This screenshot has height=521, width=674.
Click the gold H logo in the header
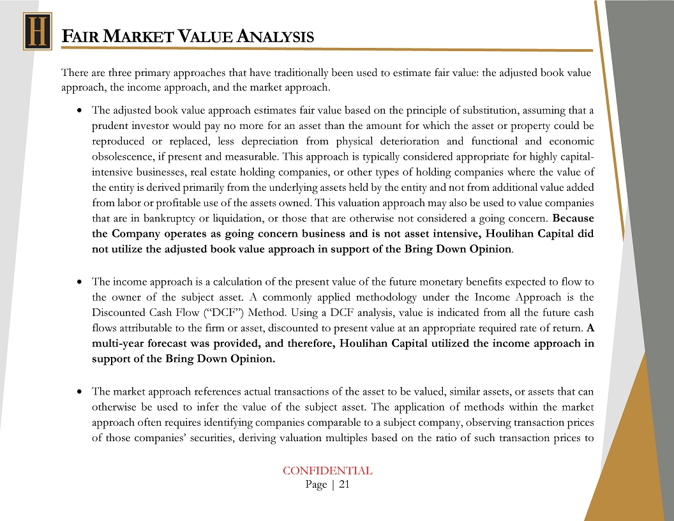point(37,32)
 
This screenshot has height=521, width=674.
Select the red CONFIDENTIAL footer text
point(327,471)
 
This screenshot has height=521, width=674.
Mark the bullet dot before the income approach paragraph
point(78,282)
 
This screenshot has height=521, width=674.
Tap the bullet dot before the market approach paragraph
point(78,391)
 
